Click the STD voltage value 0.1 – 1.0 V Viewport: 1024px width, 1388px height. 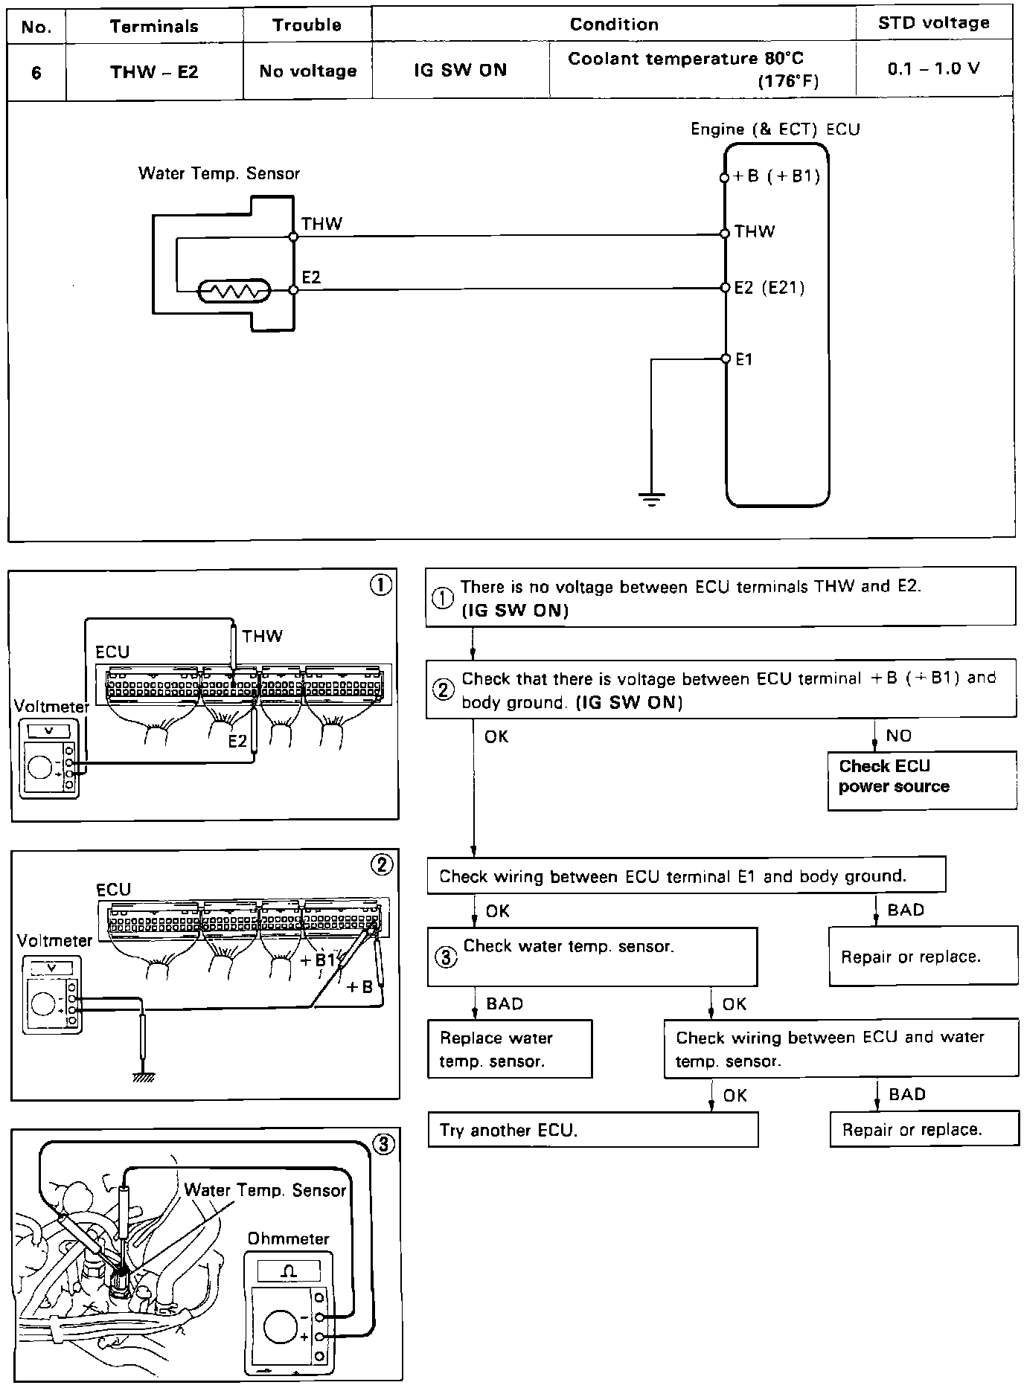click(933, 69)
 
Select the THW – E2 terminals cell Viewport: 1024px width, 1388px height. click(154, 72)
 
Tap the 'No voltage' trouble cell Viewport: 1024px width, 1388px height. click(307, 71)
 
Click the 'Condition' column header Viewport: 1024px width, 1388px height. click(613, 25)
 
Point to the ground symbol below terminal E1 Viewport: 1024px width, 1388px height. click(651, 498)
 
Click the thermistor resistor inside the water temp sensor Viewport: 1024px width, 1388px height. click(234, 291)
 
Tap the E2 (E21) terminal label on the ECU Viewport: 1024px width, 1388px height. click(769, 288)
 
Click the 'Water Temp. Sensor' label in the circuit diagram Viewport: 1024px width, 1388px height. click(219, 174)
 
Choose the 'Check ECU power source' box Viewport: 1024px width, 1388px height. click(921, 780)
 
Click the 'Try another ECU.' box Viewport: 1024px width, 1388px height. click(592, 1129)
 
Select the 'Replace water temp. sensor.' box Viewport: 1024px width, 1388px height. click(510, 1049)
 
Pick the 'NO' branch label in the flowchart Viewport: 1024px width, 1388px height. click(898, 736)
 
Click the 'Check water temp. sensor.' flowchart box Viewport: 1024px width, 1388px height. click(592, 956)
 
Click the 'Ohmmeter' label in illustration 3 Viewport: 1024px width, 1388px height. click(288, 1238)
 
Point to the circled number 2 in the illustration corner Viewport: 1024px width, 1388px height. click(382, 865)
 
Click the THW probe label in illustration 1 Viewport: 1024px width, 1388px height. click(262, 636)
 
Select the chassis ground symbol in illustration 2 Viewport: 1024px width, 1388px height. click(143, 1076)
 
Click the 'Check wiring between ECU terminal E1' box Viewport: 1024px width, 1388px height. click(685, 876)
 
